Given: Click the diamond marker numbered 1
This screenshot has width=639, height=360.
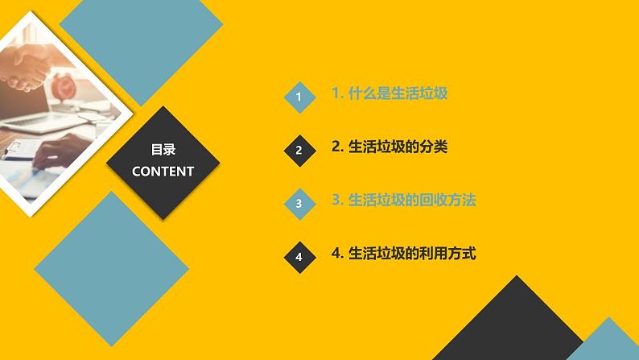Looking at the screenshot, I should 299,98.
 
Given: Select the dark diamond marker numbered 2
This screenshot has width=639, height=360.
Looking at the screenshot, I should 299,151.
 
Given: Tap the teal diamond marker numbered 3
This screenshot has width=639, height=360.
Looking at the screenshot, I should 299,204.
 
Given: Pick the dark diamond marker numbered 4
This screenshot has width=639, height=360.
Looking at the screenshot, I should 299,257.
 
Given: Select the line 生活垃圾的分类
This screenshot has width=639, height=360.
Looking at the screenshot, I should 390,147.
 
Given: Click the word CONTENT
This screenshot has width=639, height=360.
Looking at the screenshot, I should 163,172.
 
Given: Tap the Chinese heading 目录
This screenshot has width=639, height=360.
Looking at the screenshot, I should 163,150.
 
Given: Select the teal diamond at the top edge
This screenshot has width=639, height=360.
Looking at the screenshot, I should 142,36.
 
